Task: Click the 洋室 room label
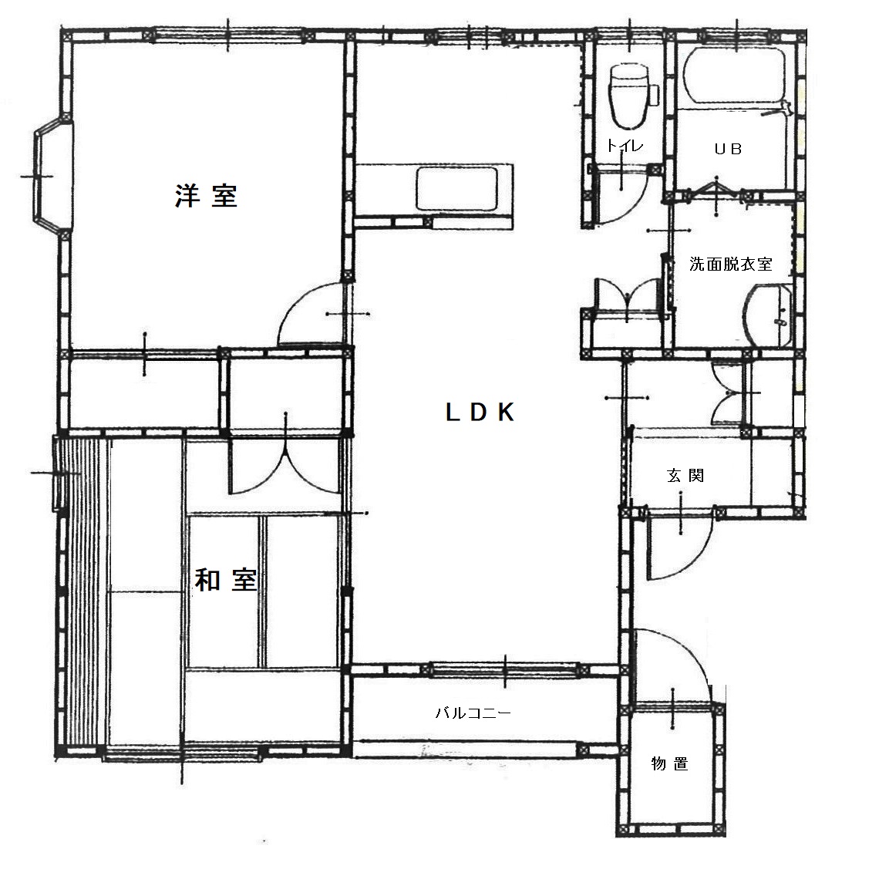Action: (x=205, y=197)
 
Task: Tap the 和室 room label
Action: (x=224, y=580)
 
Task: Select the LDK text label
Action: (x=480, y=413)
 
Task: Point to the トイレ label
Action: (x=624, y=146)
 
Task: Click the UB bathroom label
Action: (x=727, y=150)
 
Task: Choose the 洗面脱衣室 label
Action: (x=730, y=264)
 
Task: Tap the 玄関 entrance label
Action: (x=685, y=476)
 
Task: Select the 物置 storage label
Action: (x=669, y=764)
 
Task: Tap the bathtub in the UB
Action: (x=736, y=78)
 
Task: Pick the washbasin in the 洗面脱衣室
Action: (x=770, y=316)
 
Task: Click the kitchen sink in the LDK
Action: (x=458, y=189)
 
